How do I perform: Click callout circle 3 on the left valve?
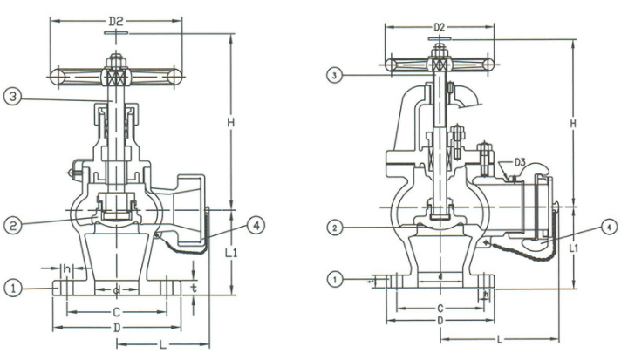[11, 97]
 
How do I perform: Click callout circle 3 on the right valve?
[334, 76]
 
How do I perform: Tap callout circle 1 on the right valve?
[334, 279]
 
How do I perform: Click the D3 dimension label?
[518, 161]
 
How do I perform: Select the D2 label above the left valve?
[115, 18]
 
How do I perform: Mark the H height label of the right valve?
[573, 124]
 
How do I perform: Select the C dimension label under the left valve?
[116, 310]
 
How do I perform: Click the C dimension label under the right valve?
[440, 308]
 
